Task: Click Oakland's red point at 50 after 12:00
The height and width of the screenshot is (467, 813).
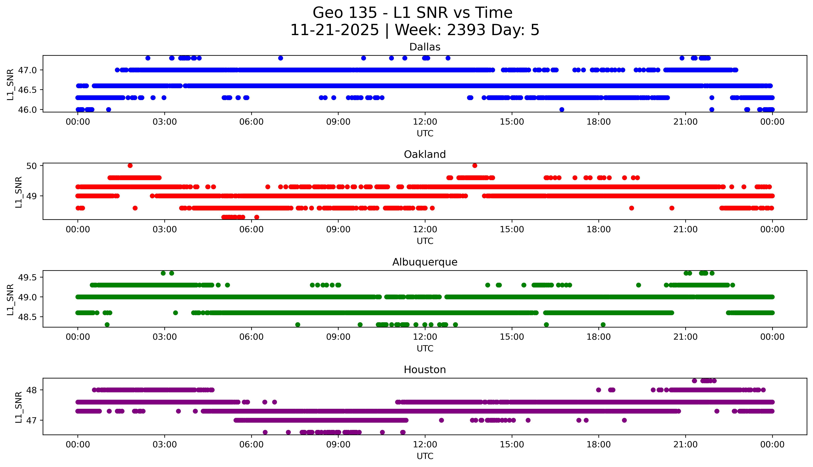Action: [475, 166]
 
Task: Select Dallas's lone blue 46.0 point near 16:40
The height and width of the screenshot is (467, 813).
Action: [561, 109]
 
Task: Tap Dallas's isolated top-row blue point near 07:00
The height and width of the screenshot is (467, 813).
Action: [280, 58]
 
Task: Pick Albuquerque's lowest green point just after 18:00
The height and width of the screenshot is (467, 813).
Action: [603, 325]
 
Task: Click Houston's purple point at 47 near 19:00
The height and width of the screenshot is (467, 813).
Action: [624, 420]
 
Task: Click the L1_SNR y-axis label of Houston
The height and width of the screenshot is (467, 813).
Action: [19, 407]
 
